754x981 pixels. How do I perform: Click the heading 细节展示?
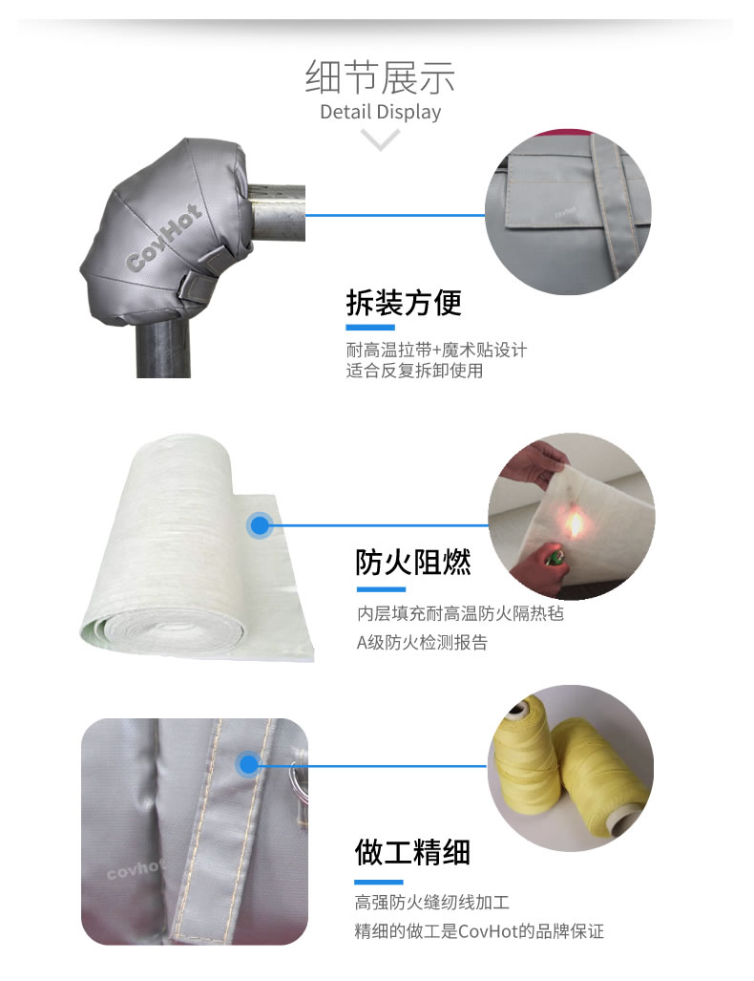point(380,77)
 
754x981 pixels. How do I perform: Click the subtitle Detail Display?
point(380,112)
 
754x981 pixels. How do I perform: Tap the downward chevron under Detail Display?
point(380,139)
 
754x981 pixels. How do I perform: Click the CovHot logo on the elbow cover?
point(164,238)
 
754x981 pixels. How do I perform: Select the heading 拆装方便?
point(404,303)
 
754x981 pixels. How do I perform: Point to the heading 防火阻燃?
point(412,562)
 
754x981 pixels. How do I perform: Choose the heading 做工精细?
point(412,852)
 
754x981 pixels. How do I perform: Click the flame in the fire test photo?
point(574,524)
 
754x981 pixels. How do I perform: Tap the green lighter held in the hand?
point(553,556)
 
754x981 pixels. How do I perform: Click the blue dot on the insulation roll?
point(260,525)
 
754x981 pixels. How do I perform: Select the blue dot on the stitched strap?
point(248,764)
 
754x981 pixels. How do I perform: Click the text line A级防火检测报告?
point(422,643)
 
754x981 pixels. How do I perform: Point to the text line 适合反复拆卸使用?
point(414,371)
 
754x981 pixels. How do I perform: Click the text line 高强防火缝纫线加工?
point(432,902)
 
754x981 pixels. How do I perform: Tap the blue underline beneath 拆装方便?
point(370,328)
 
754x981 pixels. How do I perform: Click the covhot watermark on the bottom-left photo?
point(135,869)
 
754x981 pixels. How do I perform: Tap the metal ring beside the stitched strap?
point(298,778)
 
